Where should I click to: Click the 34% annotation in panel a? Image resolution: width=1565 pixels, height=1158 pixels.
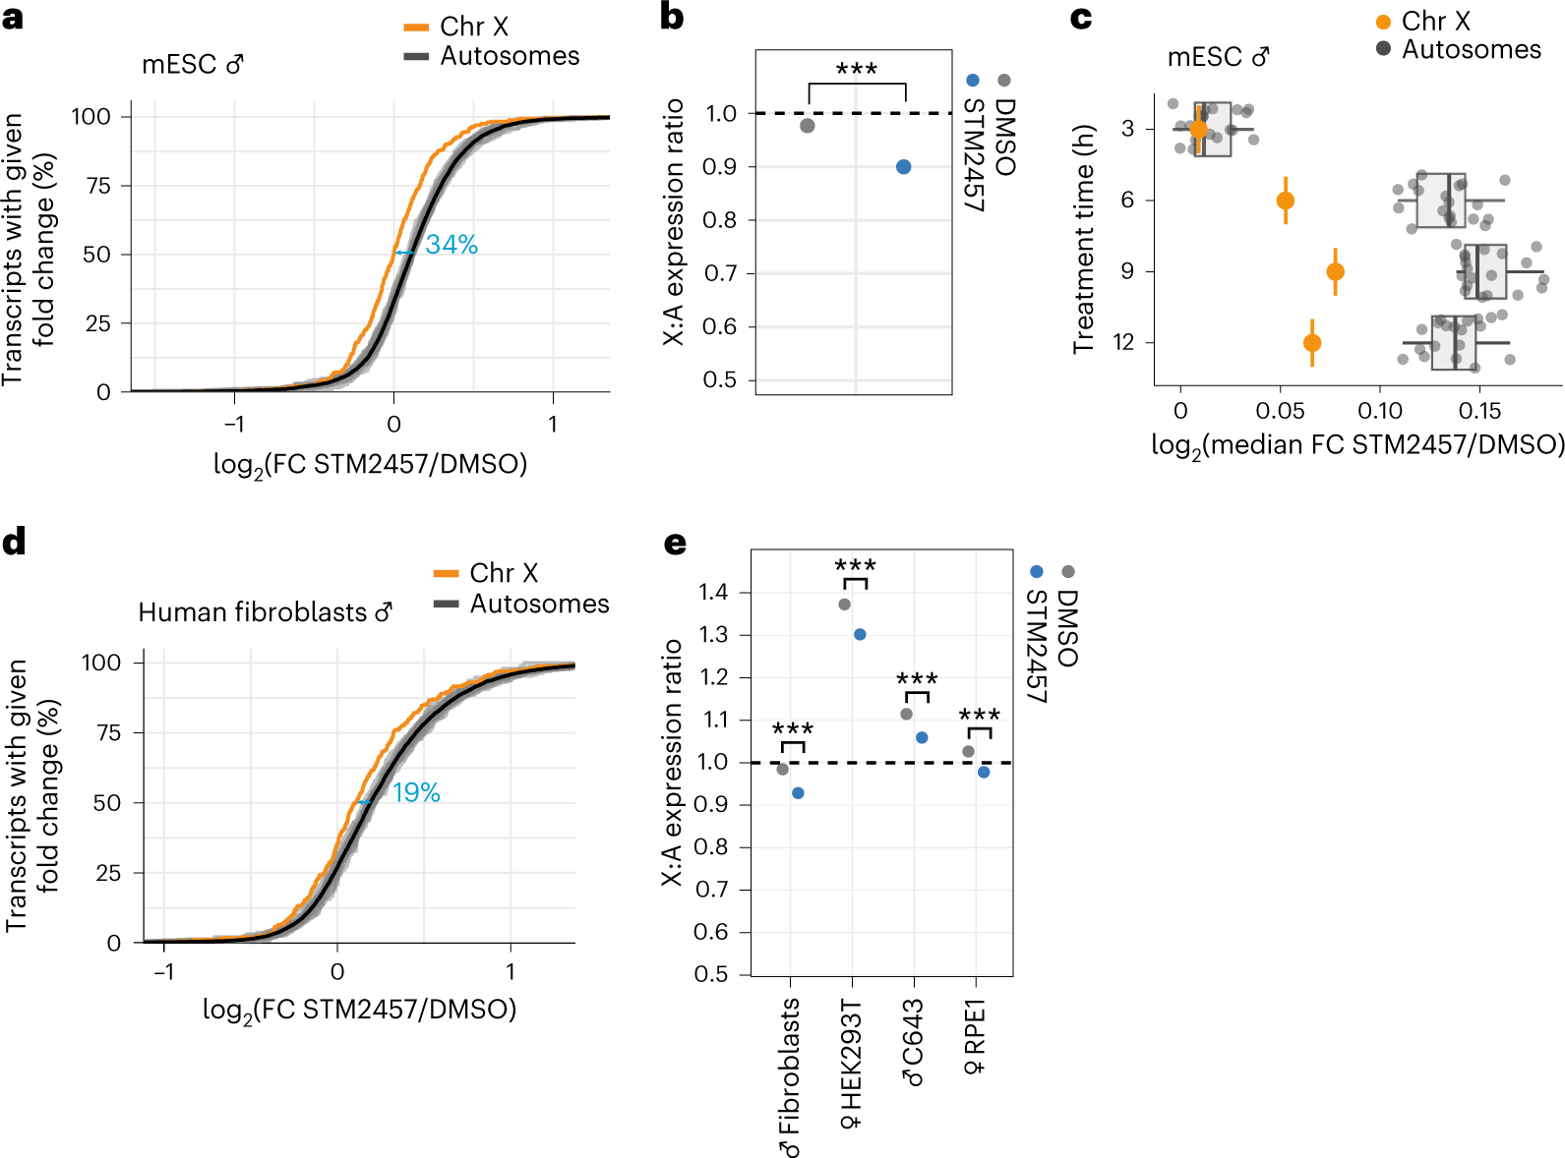(x=451, y=245)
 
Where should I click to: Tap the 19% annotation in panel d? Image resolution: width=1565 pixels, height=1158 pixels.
(x=416, y=792)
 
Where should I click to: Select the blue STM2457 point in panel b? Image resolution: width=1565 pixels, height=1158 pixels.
(x=903, y=167)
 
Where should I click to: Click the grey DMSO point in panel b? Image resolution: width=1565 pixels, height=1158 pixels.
(x=807, y=126)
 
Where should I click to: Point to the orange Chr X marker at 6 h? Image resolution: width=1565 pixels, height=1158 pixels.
(x=1285, y=201)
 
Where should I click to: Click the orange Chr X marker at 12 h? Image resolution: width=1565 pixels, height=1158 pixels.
(x=1311, y=343)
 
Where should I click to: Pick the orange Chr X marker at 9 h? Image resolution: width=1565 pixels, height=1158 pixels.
(x=1335, y=271)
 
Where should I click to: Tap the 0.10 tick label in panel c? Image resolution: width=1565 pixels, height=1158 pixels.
(x=1379, y=411)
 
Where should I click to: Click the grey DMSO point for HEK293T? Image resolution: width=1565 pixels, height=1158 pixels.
(x=844, y=605)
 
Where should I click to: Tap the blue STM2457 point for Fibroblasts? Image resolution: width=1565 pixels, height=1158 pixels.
(x=798, y=793)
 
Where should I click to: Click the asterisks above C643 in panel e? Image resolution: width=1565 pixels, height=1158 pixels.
(x=917, y=679)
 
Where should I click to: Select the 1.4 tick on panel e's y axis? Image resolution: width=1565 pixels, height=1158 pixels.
(x=713, y=592)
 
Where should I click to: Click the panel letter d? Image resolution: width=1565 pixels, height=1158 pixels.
(x=14, y=543)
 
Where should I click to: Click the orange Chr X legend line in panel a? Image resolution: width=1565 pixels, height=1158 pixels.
(x=416, y=28)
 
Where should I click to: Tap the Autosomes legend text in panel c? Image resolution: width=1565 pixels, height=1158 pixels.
(x=1471, y=49)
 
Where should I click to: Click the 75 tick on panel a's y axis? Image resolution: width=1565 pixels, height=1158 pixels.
(x=98, y=185)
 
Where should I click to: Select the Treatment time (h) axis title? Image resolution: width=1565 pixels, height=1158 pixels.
(x=1083, y=239)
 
